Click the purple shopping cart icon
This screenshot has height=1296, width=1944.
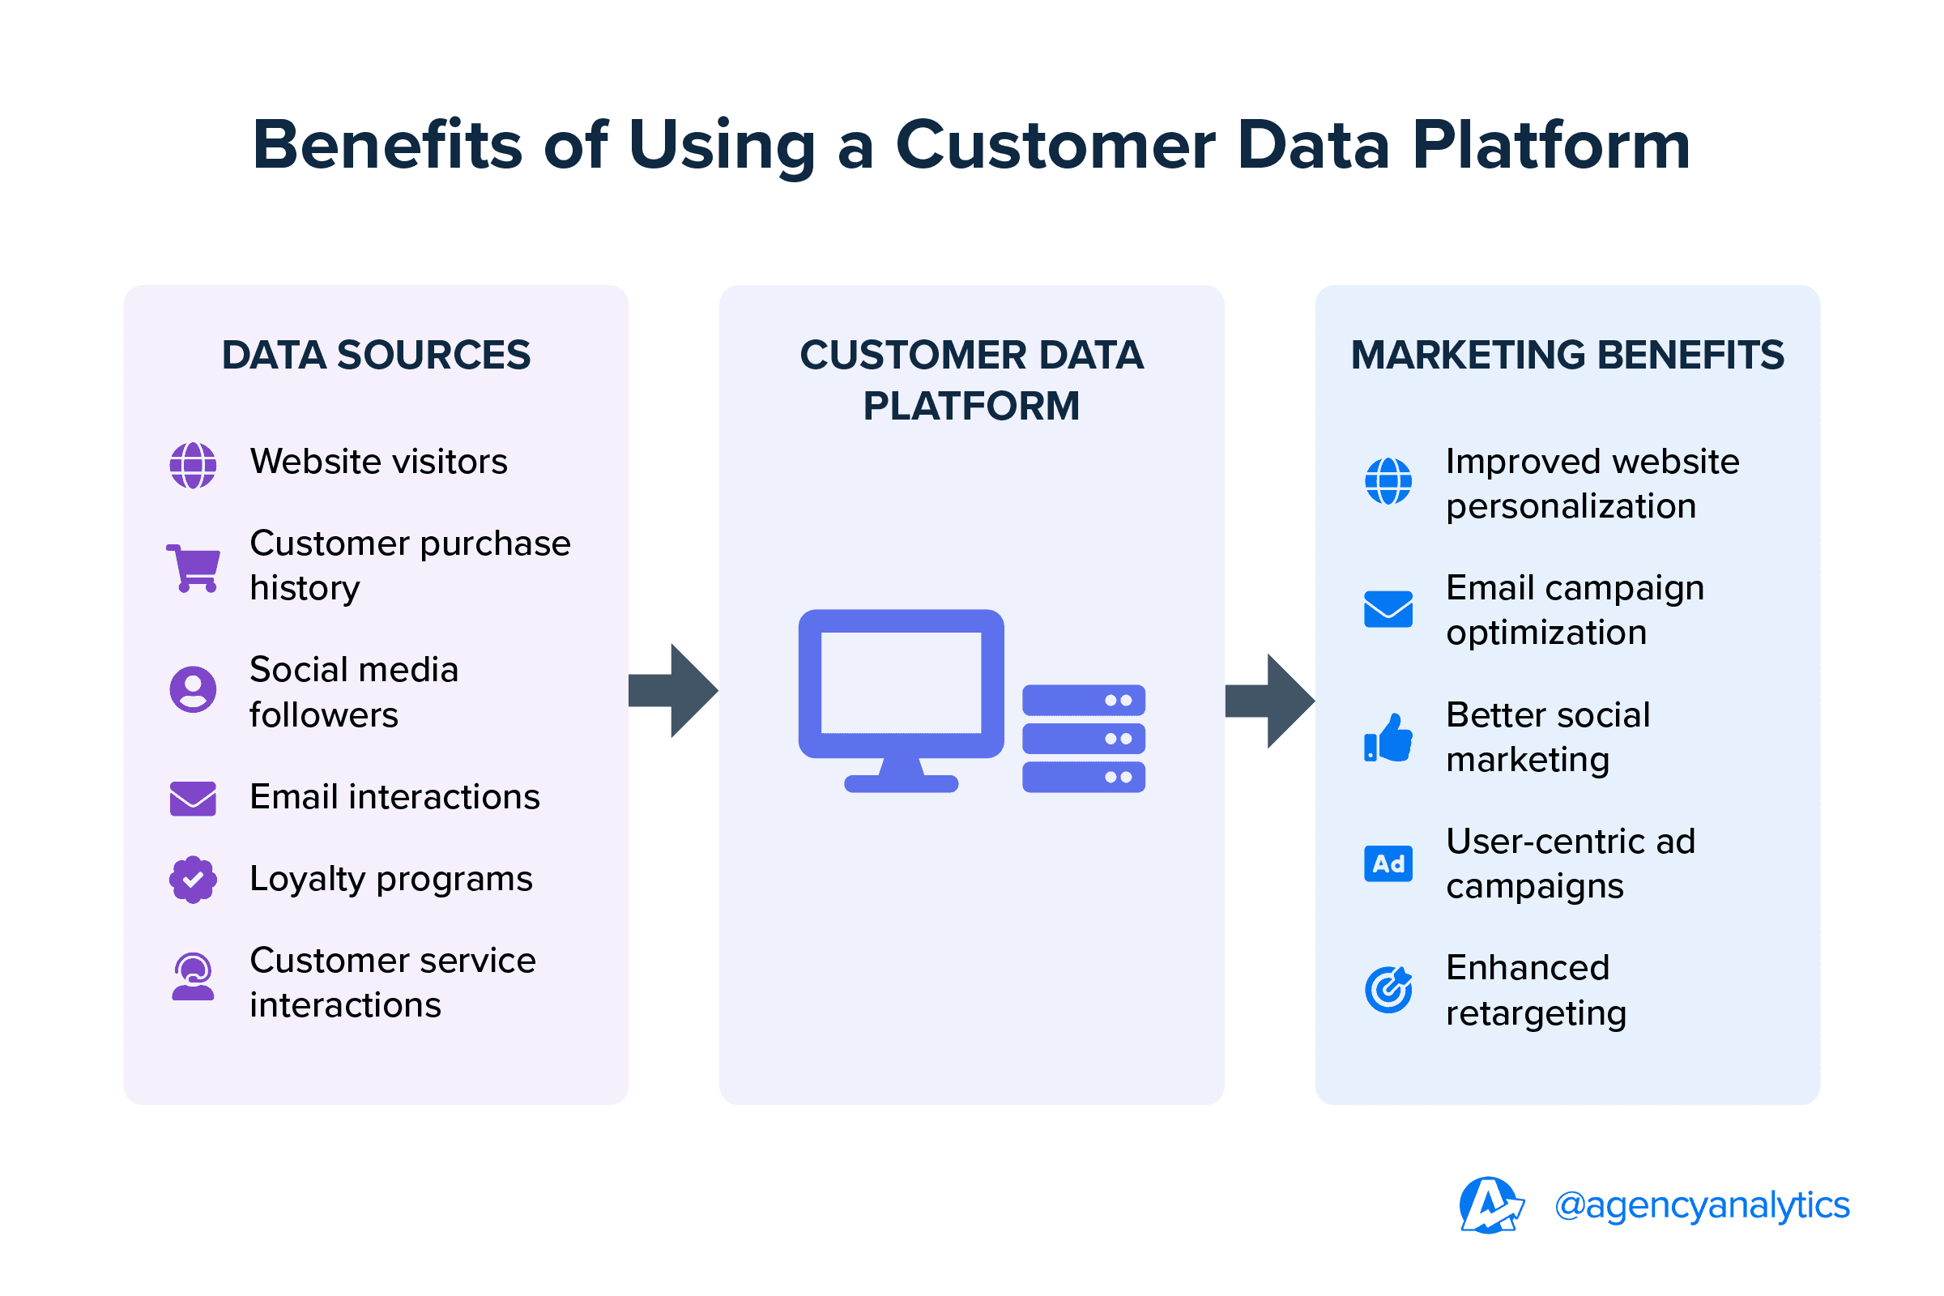[x=194, y=568]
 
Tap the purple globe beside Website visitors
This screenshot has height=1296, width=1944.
[x=194, y=465]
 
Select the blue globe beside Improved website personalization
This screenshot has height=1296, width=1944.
[x=1388, y=481]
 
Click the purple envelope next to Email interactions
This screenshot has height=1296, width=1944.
[x=194, y=799]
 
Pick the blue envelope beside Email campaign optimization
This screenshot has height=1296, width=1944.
[x=1388, y=609]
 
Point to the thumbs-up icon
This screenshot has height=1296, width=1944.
[x=1388, y=737]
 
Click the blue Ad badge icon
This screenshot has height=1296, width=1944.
[x=1388, y=863]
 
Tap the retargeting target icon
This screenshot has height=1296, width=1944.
[x=1388, y=989]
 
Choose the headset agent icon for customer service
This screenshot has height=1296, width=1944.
[x=194, y=977]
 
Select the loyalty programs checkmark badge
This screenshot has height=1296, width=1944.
[x=194, y=880]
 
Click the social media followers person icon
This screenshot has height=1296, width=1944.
[x=194, y=689]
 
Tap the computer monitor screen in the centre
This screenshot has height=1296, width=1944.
[x=901, y=683]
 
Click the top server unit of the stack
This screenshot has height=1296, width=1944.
[x=1084, y=700]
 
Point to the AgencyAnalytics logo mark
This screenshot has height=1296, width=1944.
[x=1490, y=1205]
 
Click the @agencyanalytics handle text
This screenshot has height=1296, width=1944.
[x=1702, y=1205]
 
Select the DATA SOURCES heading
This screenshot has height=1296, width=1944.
[x=376, y=356]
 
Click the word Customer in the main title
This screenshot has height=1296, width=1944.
[x=1055, y=146]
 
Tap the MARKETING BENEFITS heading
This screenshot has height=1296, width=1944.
[x=1567, y=356]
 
